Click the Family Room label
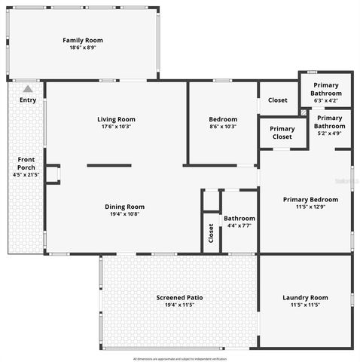pyautogui.click(x=83, y=40)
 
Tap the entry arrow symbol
pyautogui.click(x=28, y=89)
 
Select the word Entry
pyautogui.click(x=28, y=100)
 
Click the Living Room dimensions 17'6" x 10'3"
pyautogui.click(x=116, y=127)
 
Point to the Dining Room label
pyautogui.click(x=124, y=206)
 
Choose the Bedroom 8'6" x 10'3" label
pyautogui.click(x=223, y=119)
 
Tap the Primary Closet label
pyautogui.click(x=282, y=133)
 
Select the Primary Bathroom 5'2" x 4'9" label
pyautogui.click(x=330, y=125)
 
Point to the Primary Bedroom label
pyautogui.click(x=310, y=199)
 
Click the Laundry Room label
pyautogui.click(x=305, y=297)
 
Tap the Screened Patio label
pyautogui.click(x=179, y=297)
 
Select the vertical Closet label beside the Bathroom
pyautogui.click(x=210, y=232)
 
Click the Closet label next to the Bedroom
pyautogui.click(x=278, y=100)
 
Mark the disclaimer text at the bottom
pyautogui.click(x=179, y=358)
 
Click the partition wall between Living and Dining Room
pyautogui.click(x=108, y=165)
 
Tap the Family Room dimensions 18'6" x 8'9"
pyautogui.click(x=83, y=48)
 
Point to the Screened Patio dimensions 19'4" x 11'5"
pyautogui.click(x=179, y=305)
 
